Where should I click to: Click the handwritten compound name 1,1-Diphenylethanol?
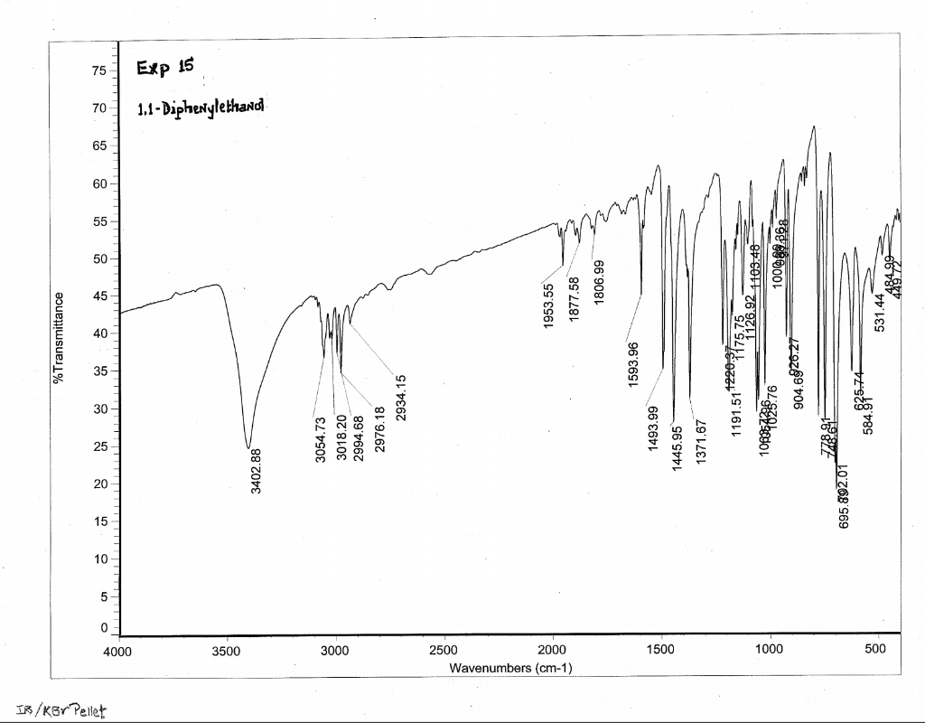coord(201,109)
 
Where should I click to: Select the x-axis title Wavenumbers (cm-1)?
coord(509,668)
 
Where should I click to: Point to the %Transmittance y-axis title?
coord(60,338)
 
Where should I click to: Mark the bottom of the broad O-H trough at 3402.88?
coord(248,447)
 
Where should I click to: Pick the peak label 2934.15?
coord(401,398)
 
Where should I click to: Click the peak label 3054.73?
coord(320,440)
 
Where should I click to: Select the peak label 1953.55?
coord(547,306)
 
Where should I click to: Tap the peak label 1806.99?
coord(598,282)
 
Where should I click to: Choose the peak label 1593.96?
coord(633,365)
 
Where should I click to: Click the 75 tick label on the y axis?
coord(98,70)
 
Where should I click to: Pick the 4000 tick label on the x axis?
coord(118,651)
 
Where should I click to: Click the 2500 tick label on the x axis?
coord(444,651)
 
